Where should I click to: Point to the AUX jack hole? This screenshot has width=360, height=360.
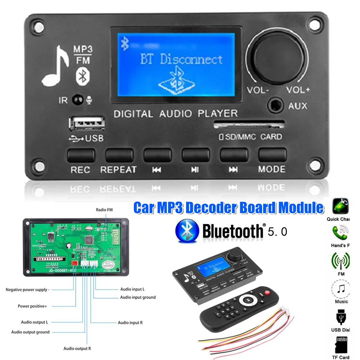(276, 105)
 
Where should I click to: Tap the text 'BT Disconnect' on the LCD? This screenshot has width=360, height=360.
(181, 59)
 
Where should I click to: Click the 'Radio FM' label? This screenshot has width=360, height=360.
(105, 210)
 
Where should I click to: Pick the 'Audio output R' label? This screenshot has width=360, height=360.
(77, 348)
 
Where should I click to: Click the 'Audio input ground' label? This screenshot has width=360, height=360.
(138, 297)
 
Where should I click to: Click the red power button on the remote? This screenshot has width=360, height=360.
(267, 291)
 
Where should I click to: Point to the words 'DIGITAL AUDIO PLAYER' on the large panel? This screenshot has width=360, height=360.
(176, 114)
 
